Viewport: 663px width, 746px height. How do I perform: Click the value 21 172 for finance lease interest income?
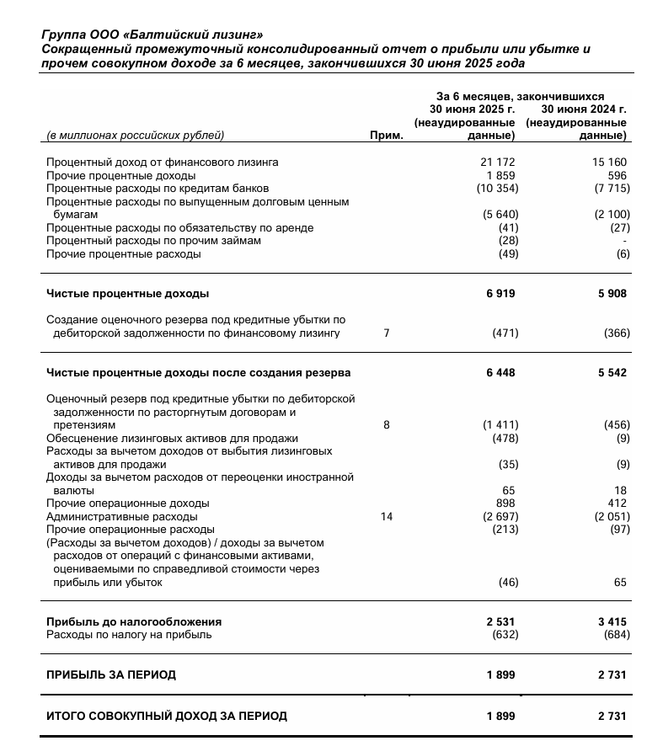coord(497,163)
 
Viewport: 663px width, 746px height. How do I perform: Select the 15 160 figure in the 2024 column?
coord(610,163)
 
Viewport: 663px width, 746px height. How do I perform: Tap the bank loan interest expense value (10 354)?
coord(493,189)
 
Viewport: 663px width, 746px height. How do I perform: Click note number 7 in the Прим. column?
coord(387,333)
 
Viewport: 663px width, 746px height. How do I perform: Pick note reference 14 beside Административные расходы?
coord(387,516)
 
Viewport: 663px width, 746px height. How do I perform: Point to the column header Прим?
coord(388,135)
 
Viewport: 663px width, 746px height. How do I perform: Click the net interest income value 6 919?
coord(500,294)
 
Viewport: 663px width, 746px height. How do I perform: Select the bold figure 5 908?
coord(612,294)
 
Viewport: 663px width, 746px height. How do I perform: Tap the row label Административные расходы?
coord(122,516)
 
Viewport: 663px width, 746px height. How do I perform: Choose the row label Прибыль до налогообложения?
coord(134,621)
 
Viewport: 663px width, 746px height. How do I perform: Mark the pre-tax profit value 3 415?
coord(612,621)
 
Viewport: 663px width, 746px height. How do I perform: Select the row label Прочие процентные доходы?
coord(120,175)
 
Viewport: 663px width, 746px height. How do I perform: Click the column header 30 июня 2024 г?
coord(583,109)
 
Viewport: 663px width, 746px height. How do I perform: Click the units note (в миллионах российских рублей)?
coord(136,135)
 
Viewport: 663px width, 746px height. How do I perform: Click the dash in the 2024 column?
coord(625,241)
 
